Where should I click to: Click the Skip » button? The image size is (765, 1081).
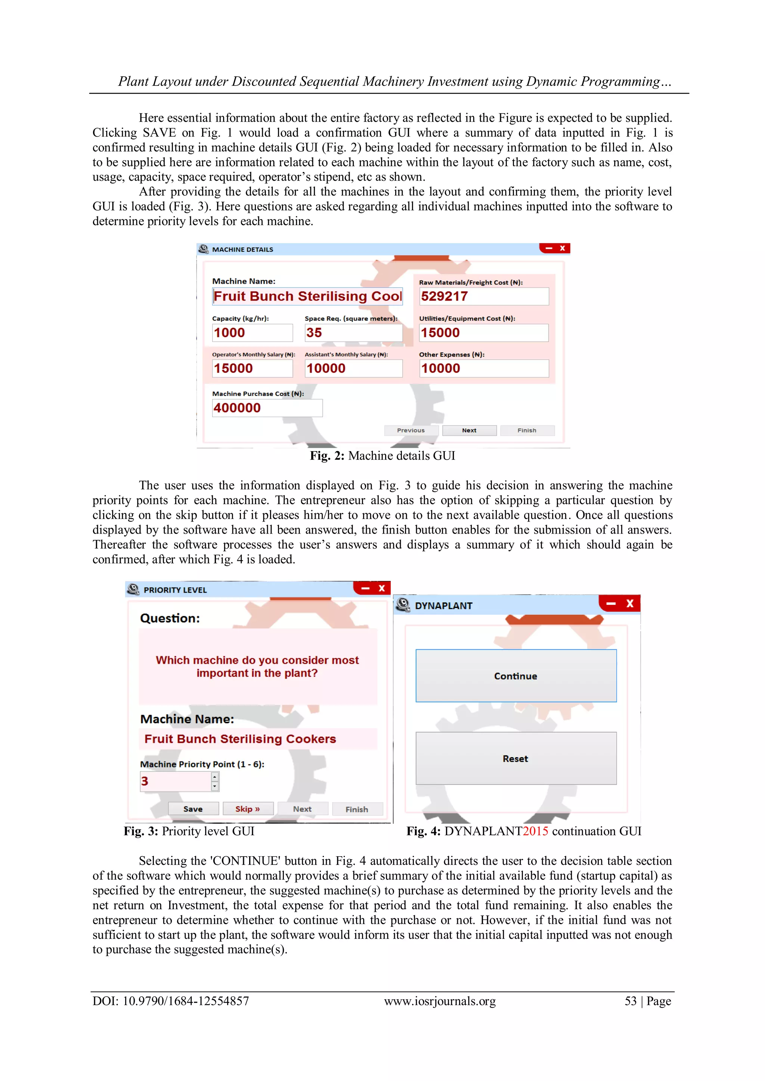[248, 809]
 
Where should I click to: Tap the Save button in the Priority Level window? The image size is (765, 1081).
[193, 809]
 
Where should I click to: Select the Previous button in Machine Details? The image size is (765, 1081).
[411, 430]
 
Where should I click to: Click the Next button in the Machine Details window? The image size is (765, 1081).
[469, 430]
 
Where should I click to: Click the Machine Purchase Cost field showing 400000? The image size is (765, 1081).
[267, 408]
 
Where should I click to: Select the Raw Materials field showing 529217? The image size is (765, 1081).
[484, 296]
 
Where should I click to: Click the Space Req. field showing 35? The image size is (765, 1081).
[353, 333]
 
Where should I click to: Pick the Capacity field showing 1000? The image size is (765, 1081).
[252, 333]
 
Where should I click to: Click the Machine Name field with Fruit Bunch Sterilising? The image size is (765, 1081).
[307, 296]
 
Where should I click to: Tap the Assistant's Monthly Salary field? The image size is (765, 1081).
[353, 369]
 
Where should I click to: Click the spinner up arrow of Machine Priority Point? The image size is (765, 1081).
[215, 777]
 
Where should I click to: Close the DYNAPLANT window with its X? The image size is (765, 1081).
[630, 603]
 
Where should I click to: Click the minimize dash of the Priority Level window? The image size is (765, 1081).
[365, 588]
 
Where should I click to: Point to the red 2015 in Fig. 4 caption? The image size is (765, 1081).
[535, 832]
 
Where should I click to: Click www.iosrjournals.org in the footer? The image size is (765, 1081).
[440, 1001]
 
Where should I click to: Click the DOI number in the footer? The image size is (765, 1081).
[186, 1001]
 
